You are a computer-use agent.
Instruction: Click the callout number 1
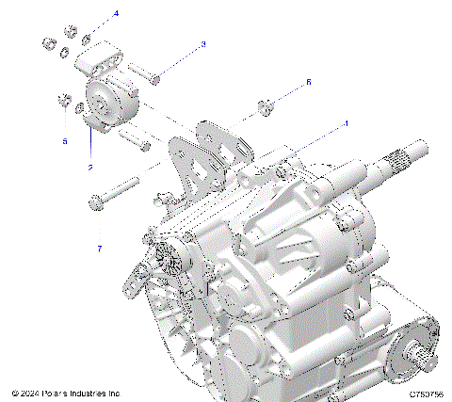pos(346,123)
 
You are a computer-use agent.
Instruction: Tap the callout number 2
pos(90,167)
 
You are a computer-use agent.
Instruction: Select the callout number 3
pos(202,43)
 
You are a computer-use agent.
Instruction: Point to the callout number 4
pos(116,13)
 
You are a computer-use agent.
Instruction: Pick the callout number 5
pos(65,141)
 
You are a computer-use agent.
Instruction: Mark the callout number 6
pos(307,83)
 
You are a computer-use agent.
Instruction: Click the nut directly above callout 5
pos(62,101)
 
